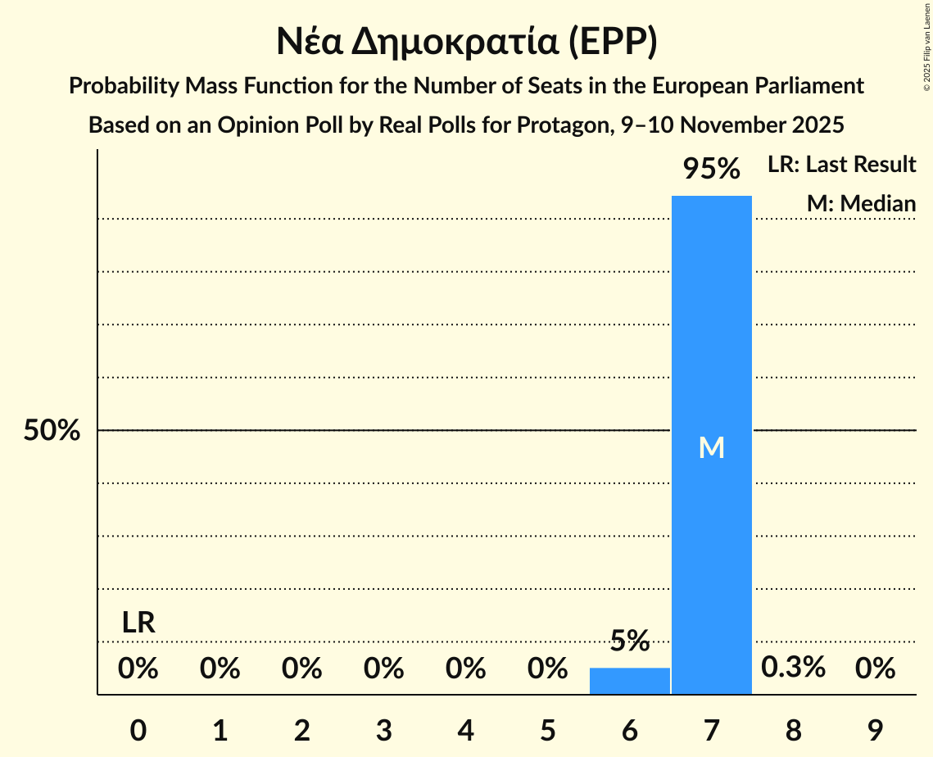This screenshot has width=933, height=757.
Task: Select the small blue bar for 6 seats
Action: click(x=629, y=681)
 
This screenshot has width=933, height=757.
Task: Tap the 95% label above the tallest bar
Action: click(x=711, y=170)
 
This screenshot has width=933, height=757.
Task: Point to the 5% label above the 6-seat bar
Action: click(x=629, y=641)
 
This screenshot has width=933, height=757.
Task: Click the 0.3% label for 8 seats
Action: click(x=793, y=668)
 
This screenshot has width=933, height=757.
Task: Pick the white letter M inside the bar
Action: click(x=711, y=447)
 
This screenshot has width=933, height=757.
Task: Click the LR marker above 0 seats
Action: click(x=138, y=623)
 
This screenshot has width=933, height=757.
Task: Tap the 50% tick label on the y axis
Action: click(x=52, y=431)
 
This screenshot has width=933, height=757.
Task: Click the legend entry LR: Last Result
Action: click(x=841, y=165)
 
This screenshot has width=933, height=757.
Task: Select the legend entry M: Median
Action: click(x=861, y=203)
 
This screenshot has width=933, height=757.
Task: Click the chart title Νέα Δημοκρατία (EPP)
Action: click(x=466, y=42)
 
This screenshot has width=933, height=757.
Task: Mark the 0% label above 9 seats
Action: click(x=875, y=669)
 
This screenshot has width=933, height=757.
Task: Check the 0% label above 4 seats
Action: click(x=465, y=669)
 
